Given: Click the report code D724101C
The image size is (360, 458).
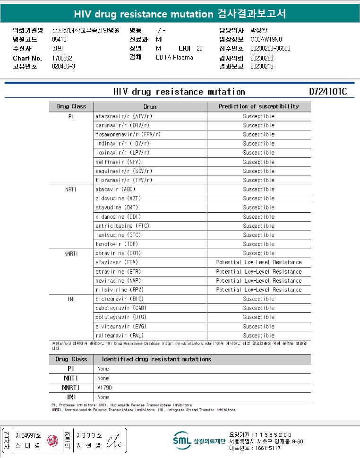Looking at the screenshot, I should click(328, 92).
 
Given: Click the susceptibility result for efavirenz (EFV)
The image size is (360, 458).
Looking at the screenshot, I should click(258, 262).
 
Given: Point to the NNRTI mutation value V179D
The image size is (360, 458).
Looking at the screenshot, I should click(104, 388).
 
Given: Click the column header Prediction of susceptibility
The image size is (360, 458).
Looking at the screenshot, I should click(258, 106).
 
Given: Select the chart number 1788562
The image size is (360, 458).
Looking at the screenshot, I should click(62, 58).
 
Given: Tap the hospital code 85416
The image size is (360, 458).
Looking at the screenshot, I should click(59, 40).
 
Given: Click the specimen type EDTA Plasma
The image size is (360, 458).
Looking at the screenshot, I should click(174, 58).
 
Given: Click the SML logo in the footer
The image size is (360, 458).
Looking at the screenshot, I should click(181, 441).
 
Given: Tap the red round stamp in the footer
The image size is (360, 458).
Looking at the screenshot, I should click(53, 441).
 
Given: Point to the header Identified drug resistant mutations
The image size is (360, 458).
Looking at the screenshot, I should click(156, 359).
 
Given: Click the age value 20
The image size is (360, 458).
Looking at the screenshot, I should click(199, 49).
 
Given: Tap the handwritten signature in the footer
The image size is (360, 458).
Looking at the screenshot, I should click(114, 441).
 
